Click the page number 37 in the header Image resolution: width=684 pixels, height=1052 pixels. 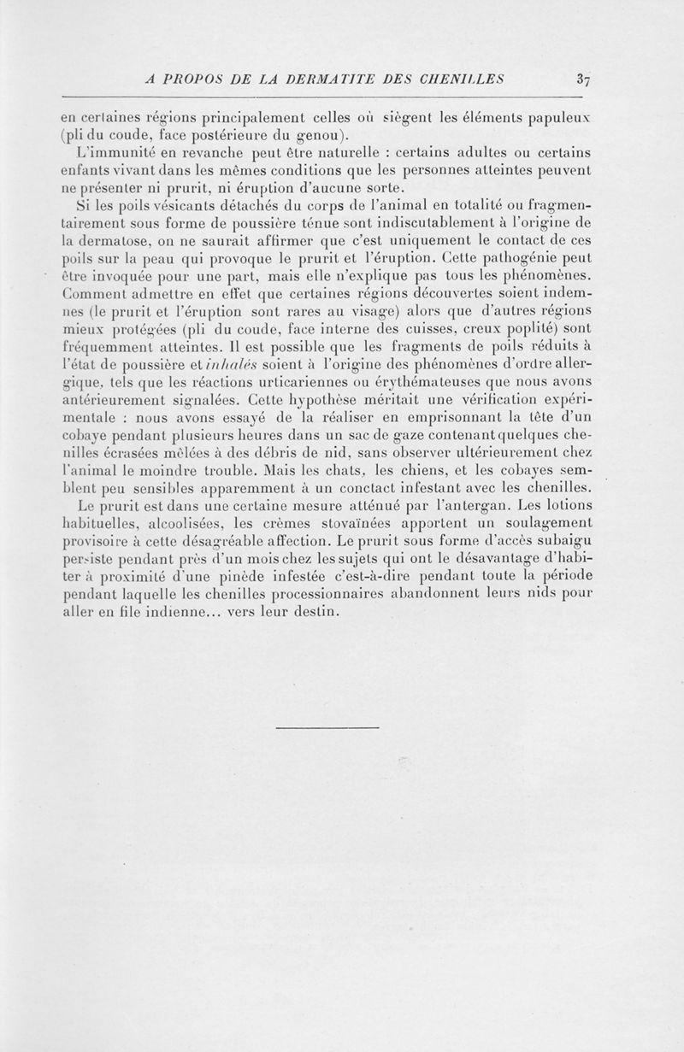click(584, 81)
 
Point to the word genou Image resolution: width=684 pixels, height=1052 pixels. click(318, 134)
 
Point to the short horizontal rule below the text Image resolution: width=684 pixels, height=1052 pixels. click(327, 728)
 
